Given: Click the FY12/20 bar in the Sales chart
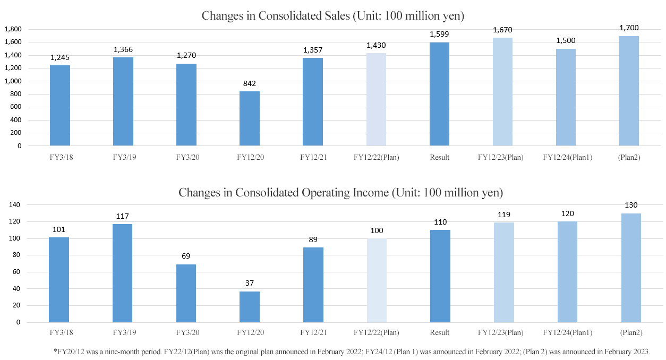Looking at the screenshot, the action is [250, 118].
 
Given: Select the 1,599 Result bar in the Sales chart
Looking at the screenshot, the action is [439, 94].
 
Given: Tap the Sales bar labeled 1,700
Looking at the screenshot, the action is [629, 91].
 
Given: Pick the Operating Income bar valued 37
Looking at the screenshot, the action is [250, 307].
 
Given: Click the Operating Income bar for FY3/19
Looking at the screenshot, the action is [122, 273].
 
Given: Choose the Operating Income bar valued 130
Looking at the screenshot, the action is [631, 268].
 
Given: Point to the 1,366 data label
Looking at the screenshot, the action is [123, 49].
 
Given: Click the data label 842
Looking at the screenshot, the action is [250, 83].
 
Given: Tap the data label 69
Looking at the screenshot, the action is [186, 256].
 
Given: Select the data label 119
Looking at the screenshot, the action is [504, 215].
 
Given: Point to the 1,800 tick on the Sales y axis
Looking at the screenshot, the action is [13, 29].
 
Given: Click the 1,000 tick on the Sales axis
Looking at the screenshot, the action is [13, 81].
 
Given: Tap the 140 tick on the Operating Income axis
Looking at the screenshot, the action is [14, 204].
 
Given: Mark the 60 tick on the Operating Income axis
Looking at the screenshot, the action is [16, 272].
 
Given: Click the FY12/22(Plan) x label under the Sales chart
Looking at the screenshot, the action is [376, 157].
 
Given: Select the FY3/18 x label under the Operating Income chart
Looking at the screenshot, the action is [61, 332].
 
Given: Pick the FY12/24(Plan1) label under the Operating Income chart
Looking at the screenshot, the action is [568, 332].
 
